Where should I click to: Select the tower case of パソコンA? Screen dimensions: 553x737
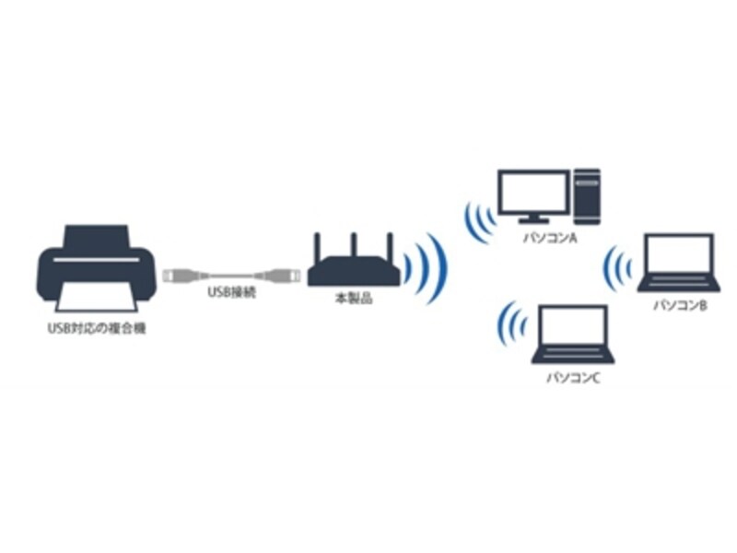click(586, 194)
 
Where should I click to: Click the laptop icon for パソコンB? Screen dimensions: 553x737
click(677, 263)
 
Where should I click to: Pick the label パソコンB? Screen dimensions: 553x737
click(679, 304)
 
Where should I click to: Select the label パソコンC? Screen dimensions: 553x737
click(573, 377)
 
